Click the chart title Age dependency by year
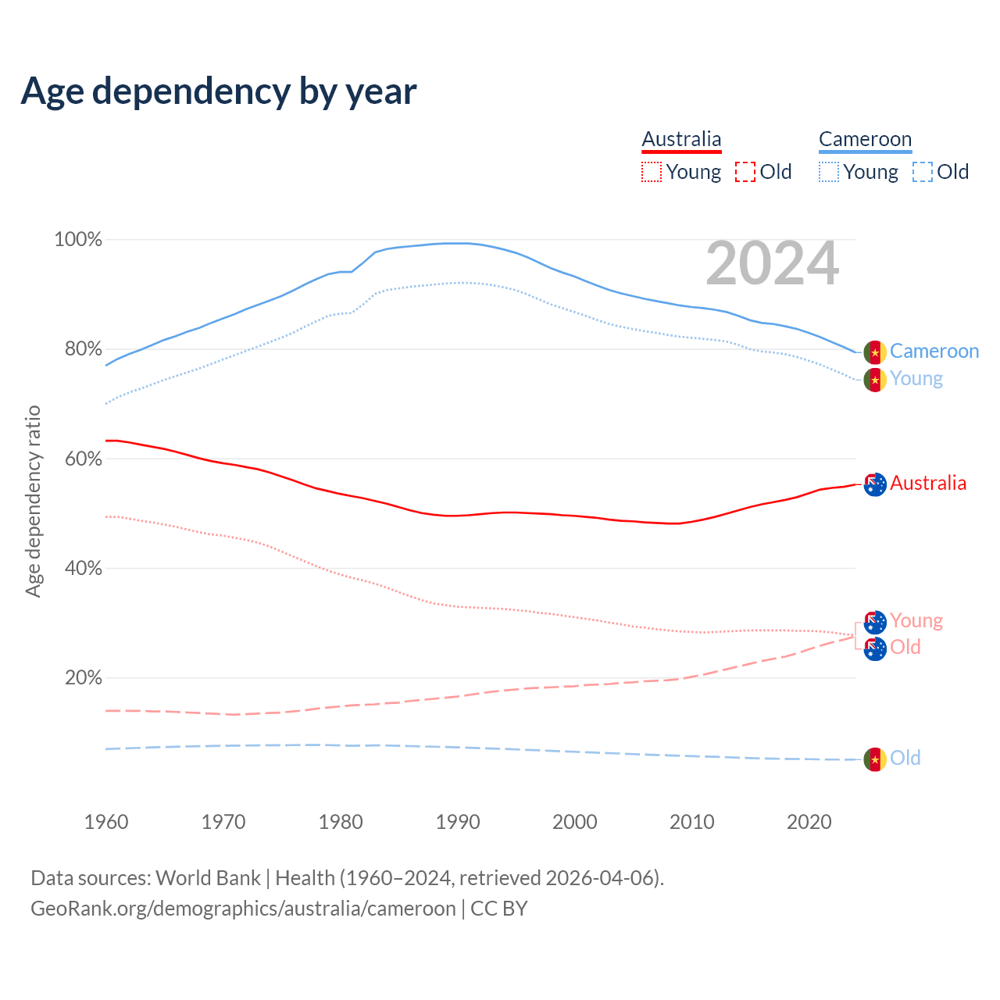click(219, 91)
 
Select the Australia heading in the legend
click(681, 139)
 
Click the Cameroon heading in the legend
click(865, 139)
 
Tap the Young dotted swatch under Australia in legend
click(652, 172)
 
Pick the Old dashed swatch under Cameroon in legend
click(923, 172)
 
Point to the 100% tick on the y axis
click(78, 240)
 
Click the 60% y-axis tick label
click(84, 459)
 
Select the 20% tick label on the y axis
click(84, 677)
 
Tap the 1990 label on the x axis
click(458, 822)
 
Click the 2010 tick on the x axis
click(692, 822)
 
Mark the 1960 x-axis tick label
click(106, 822)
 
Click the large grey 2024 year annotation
click(772, 264)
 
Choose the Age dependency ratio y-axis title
click(33, 501)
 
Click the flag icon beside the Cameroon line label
click(875, 352)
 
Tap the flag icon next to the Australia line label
click(875, 484)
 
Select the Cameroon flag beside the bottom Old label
click(875, 759)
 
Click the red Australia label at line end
click(928, 484)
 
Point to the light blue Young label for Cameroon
click(916, 379)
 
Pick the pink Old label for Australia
click(905, 648)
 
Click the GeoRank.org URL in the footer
click(243, 909)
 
